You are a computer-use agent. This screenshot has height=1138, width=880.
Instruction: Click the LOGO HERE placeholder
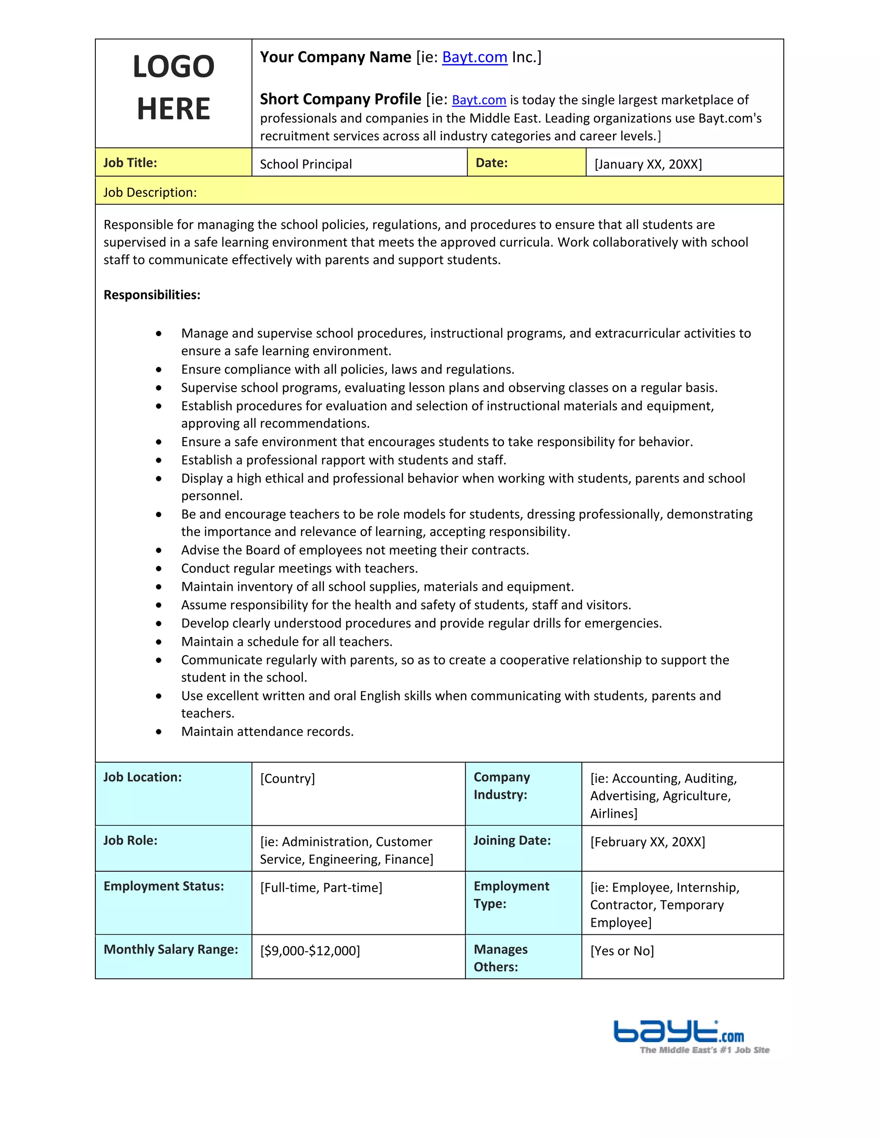coord(174,88)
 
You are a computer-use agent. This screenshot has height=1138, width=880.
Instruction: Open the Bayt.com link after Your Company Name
coord(474,57)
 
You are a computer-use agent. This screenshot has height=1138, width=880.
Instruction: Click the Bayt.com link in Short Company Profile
coord(479,100)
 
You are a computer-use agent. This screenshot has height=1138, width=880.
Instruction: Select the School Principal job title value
coord(306,164)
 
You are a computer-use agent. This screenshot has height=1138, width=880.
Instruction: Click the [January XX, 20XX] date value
coord(648,164)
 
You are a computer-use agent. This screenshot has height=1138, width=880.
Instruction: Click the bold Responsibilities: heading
coord(152,295)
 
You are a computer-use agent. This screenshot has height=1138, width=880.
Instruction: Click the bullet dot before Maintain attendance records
coord(159,732)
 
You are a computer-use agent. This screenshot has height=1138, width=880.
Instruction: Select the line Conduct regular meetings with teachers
coord(299,568)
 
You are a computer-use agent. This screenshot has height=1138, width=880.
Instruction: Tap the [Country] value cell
coord(287,779)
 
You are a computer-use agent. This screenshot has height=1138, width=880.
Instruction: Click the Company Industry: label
coord(501,786)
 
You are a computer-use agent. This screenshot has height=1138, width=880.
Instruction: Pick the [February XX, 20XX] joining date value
coord(648,842)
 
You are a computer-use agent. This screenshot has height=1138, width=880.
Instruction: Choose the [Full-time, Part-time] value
coord(321,887)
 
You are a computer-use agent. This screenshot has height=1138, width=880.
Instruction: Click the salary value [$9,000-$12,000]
coord(310,950)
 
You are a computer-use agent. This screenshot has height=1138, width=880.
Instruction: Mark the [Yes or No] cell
coord(622,950)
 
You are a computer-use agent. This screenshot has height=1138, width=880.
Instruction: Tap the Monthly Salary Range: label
coord(171,949)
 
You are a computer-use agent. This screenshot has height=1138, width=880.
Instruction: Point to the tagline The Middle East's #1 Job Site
coord(704,1050)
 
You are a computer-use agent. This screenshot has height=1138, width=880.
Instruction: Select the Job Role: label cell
coord(130,840)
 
